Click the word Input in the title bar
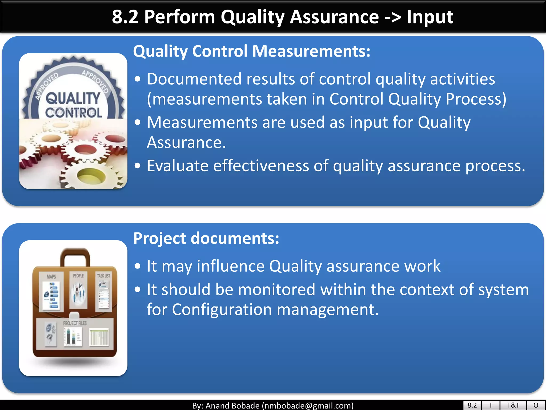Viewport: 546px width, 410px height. pyautogui.click(x=429, y=17)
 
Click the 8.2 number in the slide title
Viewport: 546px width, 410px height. pyautogui.click(x=125, y=17)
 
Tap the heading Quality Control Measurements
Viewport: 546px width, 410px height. pyautogui.click(x=252, y=51)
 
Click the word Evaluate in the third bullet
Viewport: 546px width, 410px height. pyautogui.click(x=178, y=166)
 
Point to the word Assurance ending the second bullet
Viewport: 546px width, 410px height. pyautogui.click(x=186, y=143)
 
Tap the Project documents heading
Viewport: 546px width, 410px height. pyautogui.click(x=206, y=238)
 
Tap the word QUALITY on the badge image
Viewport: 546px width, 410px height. pyautogui.click(x=73, y=98)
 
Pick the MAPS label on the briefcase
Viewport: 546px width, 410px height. pyautogui.click(x=51, y=277)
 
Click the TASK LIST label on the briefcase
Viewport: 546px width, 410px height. pyautogui.click(x=103, y=276)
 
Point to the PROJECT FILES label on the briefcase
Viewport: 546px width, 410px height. pyautogui.click(x=75, y=323)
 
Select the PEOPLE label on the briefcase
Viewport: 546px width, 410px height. pyautogui.click(x=78, y=276)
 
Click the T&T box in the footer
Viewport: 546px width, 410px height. pyautogui.click(x=513, y=405)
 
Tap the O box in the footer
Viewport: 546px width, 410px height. pyautogui.click(x=536, y=405)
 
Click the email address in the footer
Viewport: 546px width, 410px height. pyautogui.click(x=308, y=406)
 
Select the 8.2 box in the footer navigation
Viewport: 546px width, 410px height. pyautogui.click(x=472, y=405)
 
